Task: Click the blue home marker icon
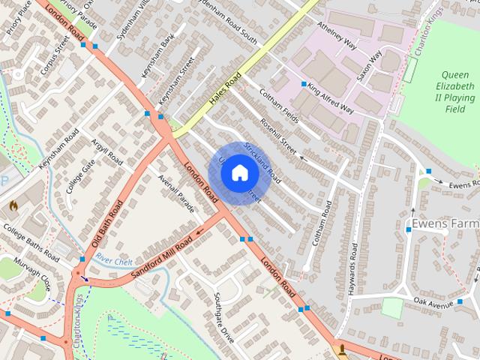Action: point(239,173)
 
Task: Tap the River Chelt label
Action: point(113,259)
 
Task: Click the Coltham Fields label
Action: point(279,107)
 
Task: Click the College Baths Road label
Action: point(31,242)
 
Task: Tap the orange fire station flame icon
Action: point(13,203)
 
